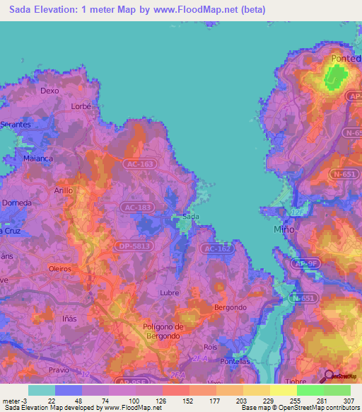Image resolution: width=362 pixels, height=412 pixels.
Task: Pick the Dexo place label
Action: [49, 91]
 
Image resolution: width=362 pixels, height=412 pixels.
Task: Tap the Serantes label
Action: [16, 124]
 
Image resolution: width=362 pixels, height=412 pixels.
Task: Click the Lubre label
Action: [169, 291]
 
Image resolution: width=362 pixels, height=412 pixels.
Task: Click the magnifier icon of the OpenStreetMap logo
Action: [327, 377]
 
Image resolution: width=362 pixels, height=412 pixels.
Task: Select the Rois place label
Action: [210, 347]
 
